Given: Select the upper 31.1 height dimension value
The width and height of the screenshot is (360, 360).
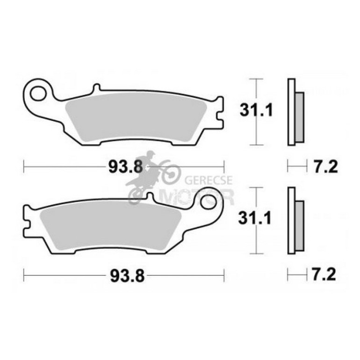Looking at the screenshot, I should tap(251, 110).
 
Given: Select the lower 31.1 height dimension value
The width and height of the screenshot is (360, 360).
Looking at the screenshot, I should tap(251, 218).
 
